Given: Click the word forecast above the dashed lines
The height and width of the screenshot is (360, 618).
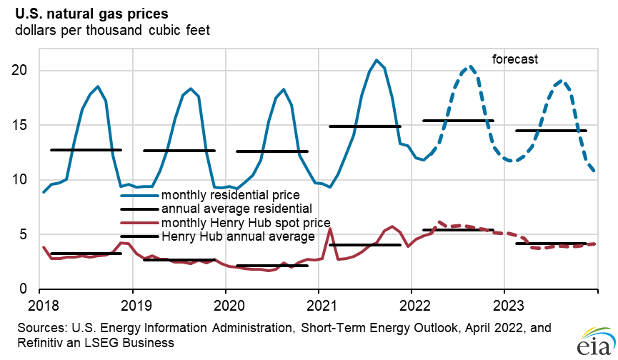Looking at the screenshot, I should click(515, 59).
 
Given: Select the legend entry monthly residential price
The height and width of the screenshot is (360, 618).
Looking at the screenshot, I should click(230, 194).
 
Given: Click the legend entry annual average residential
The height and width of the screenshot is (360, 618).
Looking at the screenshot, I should click(236, 209).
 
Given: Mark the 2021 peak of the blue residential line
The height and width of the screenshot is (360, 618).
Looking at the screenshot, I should click(377, 60).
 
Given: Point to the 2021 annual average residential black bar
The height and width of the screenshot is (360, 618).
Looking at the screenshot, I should click(364, 126).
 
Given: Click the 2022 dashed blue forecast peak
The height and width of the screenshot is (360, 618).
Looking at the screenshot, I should click(469, 67).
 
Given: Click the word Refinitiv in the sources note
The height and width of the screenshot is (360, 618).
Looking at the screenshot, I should click(31, 343).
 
